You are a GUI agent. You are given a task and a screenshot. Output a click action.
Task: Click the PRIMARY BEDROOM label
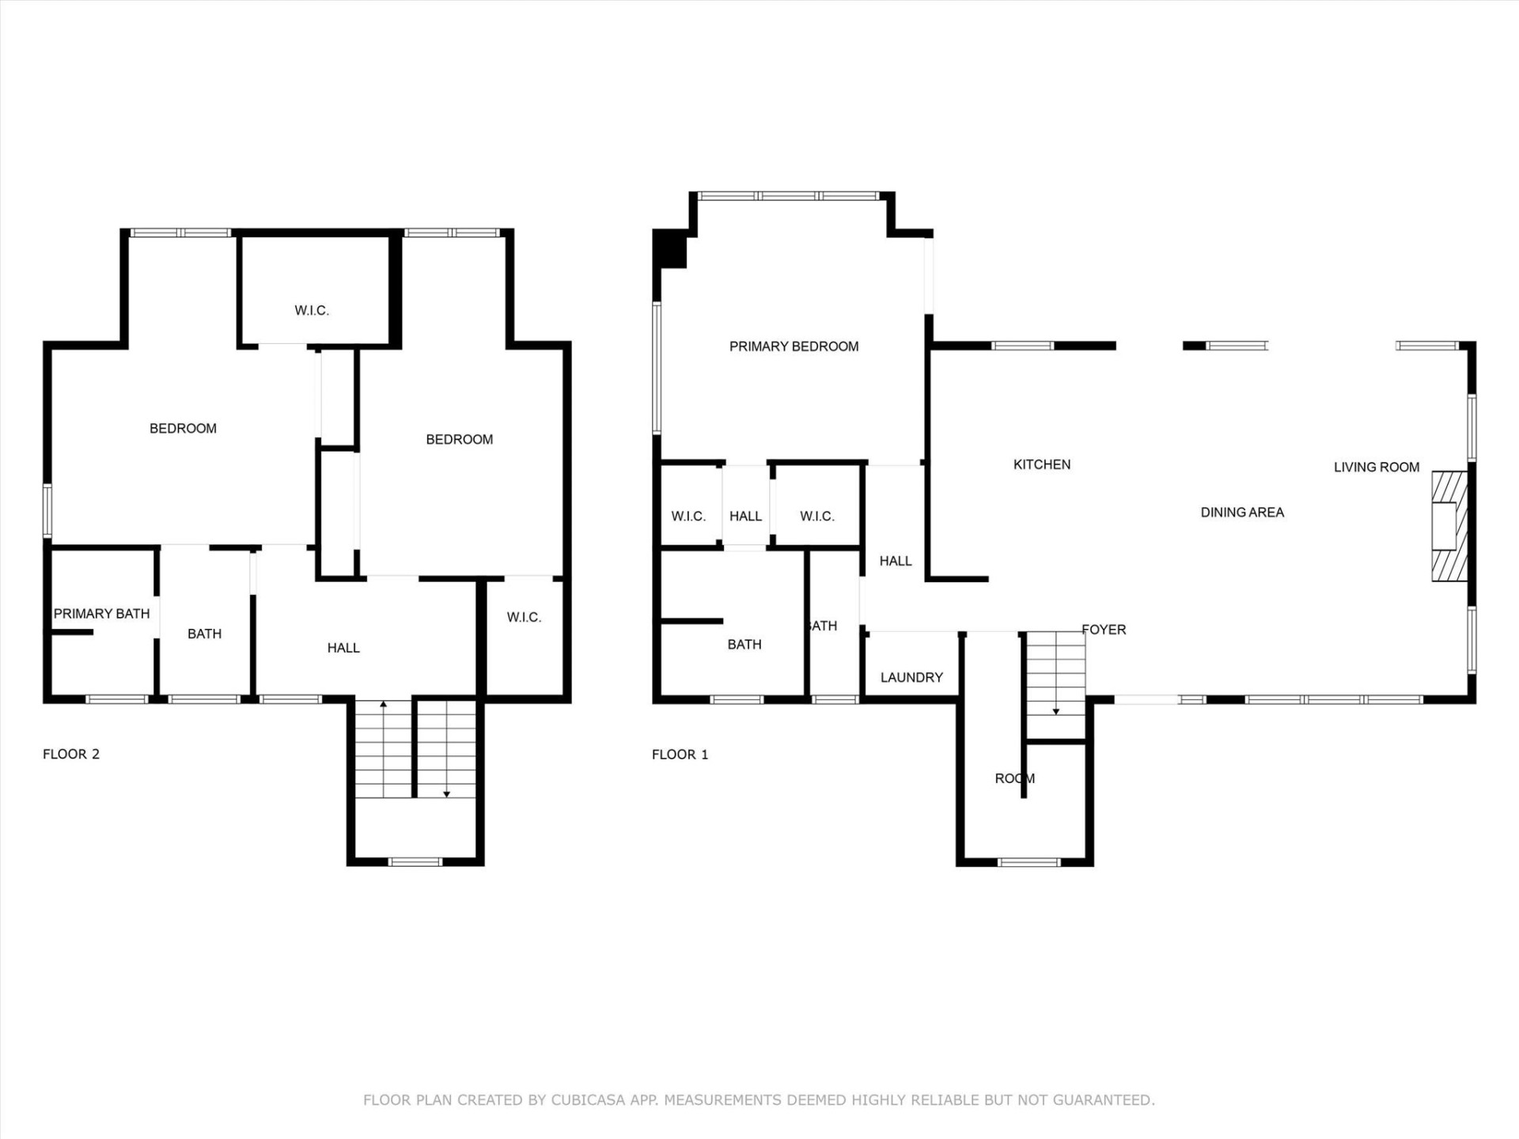pos(794,346)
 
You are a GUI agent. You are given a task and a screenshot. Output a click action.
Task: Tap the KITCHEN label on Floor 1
pos(1042,464)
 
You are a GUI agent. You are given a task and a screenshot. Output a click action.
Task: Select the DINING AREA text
pos(1242,513)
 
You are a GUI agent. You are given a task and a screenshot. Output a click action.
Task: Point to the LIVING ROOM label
pos(1377,467)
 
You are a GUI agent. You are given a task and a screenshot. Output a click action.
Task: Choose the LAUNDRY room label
pos(911,677)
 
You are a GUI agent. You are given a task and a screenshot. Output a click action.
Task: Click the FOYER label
pos(1104,630)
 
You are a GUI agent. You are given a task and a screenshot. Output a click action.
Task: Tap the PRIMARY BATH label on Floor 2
pos(101,614)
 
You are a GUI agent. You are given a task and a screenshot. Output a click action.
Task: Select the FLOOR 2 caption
pos(71,754)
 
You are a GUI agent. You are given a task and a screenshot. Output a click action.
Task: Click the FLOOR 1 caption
pos(680,755)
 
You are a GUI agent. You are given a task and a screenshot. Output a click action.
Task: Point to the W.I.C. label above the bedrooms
pos(312,311)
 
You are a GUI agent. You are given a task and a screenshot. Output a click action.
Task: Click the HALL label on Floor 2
pos(343,648)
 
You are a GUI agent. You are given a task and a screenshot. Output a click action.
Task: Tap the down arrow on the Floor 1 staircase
pos(1055,711)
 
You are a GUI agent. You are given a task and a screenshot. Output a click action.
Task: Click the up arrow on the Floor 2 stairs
pos(384,704)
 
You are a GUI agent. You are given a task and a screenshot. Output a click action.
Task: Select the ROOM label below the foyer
pos(1014,778)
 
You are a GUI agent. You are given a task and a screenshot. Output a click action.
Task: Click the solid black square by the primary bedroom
pos(671,249)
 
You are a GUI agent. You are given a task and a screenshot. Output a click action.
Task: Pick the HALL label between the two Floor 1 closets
pos(745,517)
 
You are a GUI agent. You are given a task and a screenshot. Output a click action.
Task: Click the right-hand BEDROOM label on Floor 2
pos(459,440)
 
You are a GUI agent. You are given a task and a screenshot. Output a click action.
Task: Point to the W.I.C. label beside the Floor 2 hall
pos(524,617)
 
